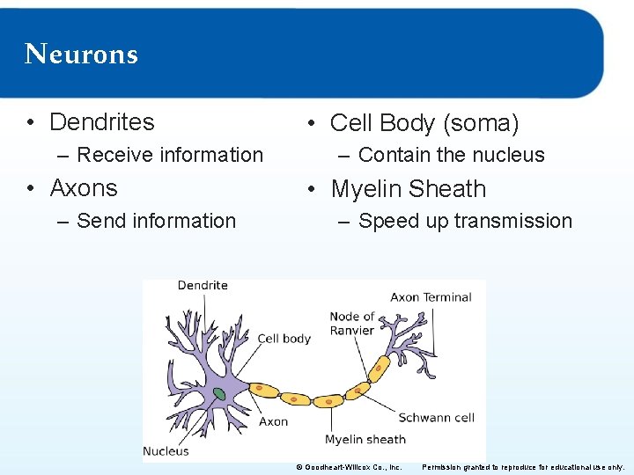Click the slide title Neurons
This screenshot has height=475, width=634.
(x=82, y=55)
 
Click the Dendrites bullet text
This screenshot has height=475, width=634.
(x=101, y=121)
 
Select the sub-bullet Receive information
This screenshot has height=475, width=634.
(x=170, y=155)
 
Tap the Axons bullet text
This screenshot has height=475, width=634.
(x=84, y=188)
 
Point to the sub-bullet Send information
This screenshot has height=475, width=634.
(x=156, y=221)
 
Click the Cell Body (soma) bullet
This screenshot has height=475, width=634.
(x=424, y=123)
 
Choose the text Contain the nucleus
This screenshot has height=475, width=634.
(x=451, y=155)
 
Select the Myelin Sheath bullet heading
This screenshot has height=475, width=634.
(x=408, y=189)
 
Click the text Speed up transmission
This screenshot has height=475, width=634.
(x=465, y=221)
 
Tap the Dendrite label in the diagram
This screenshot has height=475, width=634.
(x=203, y=285)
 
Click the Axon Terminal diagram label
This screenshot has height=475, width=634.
(x=431, y=296)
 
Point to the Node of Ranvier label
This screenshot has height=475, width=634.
(x=351, y=323)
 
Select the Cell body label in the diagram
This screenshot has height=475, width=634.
(x=284, y=339)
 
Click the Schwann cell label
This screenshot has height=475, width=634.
(x=436, y=418)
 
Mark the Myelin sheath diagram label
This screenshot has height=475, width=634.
(x=365, y=439)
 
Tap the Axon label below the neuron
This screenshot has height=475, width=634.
(x=273, y=421)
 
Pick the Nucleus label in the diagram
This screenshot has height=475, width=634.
(x=166, y=451)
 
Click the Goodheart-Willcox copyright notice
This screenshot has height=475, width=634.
(x=349, y=467)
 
